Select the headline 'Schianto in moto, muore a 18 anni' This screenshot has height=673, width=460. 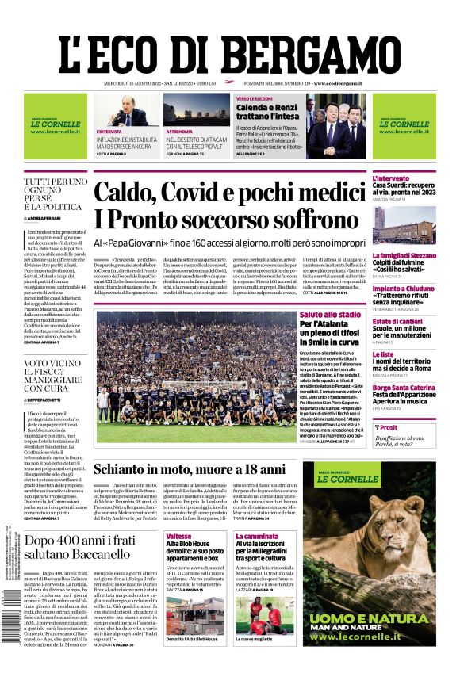(200, 470)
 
